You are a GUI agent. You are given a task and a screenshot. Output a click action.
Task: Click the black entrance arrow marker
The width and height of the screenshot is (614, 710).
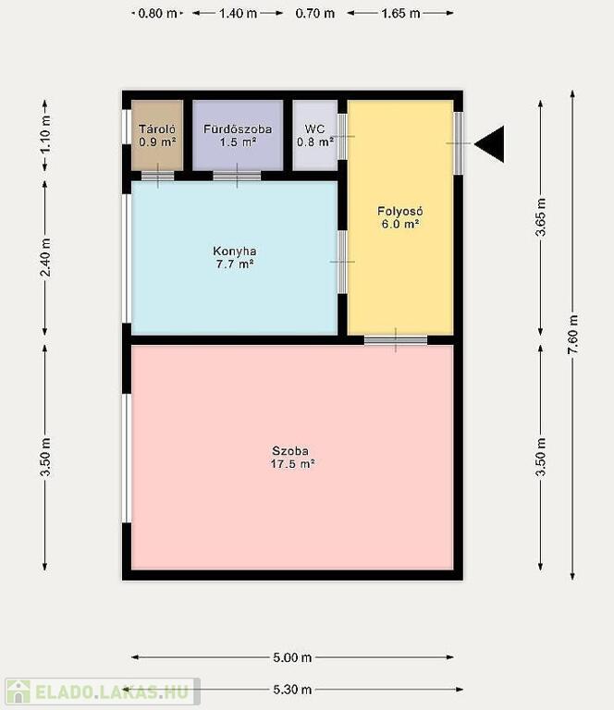[490, 144]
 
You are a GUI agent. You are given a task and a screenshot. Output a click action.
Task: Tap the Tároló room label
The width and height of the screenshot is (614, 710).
[157, 135]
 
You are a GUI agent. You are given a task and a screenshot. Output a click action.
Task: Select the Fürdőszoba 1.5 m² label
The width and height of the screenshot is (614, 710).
[238, 135]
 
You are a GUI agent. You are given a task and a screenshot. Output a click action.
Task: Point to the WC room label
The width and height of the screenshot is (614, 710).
[315, 135]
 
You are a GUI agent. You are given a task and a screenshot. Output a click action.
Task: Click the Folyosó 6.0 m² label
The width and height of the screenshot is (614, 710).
[400, 217]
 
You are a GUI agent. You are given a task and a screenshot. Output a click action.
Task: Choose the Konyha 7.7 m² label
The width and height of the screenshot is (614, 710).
[235, 257]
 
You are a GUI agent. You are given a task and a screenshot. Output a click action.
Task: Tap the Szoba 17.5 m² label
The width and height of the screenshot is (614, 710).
[292, 458]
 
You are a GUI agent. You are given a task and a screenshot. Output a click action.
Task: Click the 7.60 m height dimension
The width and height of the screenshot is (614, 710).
[572, 335]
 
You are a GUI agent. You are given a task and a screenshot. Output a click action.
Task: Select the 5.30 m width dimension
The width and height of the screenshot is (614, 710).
[292, 690]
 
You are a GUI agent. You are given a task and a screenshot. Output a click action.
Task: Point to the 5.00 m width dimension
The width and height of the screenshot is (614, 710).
[292, 657]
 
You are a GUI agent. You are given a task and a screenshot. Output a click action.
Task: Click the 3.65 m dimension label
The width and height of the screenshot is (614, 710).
[541, 217]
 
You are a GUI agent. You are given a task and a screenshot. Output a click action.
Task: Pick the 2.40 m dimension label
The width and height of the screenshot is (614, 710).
[45, 258]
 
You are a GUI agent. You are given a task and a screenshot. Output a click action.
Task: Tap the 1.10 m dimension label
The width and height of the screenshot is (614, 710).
[45, 135]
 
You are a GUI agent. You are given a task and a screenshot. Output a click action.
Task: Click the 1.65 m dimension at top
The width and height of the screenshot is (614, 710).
[400, 13]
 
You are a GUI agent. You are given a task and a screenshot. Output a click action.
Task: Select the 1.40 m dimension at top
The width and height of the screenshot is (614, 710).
[238, 13]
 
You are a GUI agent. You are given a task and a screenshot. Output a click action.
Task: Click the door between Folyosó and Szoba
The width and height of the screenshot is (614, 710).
[396, 340]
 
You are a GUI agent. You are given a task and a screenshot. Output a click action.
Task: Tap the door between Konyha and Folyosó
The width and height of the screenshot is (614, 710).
[342, 262]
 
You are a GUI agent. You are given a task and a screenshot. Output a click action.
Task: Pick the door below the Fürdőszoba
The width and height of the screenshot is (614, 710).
[237, 176]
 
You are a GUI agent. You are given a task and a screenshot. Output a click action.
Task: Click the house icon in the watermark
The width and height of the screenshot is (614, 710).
[18, 692]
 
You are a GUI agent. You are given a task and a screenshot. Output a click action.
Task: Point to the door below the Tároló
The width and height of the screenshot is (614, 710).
[157, 176]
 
